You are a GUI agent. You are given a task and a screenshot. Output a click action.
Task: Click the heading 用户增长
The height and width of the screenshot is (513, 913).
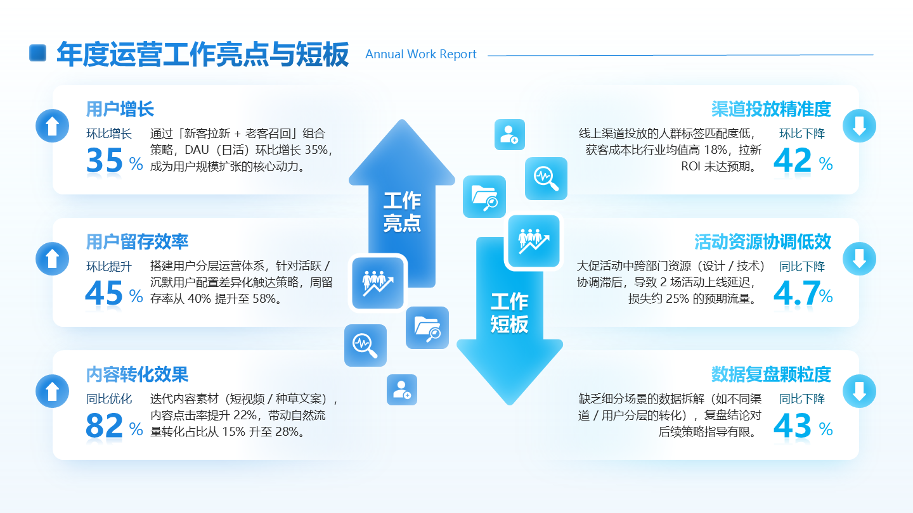point(120,109)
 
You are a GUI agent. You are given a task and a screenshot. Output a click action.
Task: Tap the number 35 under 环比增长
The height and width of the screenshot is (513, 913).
point(105,161)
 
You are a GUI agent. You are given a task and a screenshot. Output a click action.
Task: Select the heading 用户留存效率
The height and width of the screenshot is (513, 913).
point(137,241)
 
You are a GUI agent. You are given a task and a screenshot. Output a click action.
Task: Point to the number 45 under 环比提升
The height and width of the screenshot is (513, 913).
point(104,293)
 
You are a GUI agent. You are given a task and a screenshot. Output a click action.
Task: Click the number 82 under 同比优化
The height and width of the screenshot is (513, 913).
point(105,426)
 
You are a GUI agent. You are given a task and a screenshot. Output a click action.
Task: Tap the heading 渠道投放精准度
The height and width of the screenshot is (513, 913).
point(770,109)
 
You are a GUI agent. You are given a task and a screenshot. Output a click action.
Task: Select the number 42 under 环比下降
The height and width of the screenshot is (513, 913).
point(793,161)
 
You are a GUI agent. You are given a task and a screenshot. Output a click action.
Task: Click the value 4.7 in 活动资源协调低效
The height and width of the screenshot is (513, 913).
point(795,294)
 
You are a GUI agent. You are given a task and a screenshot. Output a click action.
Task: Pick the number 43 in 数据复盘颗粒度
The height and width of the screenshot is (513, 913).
point(793,426)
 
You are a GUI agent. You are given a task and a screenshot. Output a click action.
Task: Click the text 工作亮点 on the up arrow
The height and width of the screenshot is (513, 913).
point(402,212)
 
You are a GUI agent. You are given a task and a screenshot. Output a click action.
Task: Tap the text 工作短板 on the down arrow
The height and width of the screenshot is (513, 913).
point(509,313)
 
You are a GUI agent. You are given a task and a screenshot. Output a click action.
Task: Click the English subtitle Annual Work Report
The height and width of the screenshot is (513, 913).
point(421,54)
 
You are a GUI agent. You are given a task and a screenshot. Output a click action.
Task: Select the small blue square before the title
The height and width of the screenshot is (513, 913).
point(38,53)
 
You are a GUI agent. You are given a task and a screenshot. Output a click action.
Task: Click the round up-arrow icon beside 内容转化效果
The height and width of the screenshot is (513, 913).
point(52,391)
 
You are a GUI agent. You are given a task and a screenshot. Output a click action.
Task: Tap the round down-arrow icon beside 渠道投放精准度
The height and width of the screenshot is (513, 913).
point(859,125)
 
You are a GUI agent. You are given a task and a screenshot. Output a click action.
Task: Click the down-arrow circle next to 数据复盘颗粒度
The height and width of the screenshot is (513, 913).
point(859,391)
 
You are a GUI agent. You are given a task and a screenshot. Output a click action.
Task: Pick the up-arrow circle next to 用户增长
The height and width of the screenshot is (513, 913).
point(52,125)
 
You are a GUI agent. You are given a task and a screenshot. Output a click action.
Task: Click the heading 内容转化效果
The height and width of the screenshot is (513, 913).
point(137,374)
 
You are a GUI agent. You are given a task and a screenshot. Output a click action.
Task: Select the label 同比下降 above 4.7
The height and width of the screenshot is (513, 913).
point(802,267)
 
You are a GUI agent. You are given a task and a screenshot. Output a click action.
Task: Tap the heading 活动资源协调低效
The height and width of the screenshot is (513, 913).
point(762,241)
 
